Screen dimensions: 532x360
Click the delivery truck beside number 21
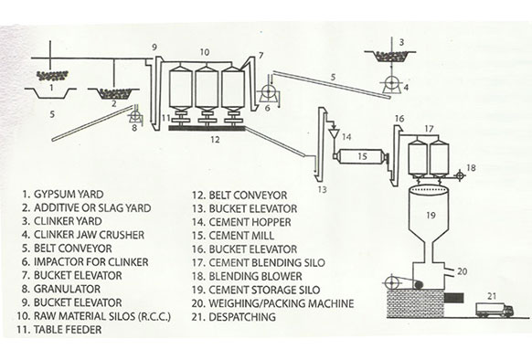click(x=495, y=310)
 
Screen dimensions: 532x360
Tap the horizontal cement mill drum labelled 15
click(x=361, y=157)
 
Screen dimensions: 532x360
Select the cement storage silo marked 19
click(x=431, y=224)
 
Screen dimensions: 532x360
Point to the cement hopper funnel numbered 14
click(x=334, y=133)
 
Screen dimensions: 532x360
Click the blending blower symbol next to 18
click(x=460, y=175)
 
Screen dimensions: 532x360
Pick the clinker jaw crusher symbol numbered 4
click(x=391, y=84)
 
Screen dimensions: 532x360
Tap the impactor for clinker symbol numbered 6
click(x=270, y=92)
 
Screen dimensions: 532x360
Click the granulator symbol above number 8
click(x=134, y=116)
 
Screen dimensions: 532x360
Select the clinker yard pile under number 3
click(x=390, y=57)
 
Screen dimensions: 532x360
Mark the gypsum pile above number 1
click(x=52, y=75)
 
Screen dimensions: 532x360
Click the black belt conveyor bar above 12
click(x=207, y=128)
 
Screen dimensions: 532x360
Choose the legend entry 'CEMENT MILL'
click(x=241, y=236)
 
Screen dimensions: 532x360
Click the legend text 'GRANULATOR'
click(x=67, y=289)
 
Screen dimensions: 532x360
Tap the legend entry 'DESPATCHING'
click(x=242, y=317)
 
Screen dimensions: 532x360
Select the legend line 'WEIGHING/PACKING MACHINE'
click(x=281, y=303)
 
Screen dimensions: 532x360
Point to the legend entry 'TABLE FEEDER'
click(x=68, y=330)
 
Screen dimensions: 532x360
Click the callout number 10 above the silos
click(x=204, y=52)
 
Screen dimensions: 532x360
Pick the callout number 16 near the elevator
click(x=399, y=119)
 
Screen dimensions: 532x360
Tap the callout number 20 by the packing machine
click(x=463, y=271)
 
